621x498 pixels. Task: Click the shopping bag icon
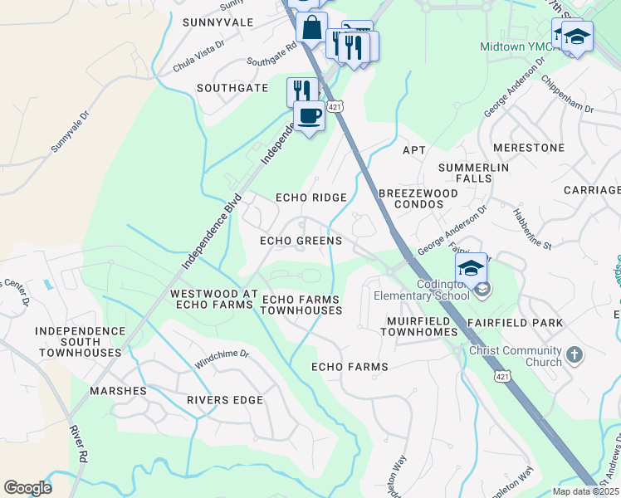coord(311,27)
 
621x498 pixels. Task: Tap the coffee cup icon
coord(309,116)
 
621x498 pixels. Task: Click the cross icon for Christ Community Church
coord(574,356)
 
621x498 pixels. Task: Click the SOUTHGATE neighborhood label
coord(232,88)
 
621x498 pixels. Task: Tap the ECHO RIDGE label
coord(311,198)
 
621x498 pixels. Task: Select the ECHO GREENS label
coord(301,241)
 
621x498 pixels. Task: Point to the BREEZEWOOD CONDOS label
coord(418,199)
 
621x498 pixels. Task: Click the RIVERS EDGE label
coord(224,400)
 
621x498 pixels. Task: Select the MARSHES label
coord(120,391)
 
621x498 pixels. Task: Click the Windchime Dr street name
coord(222,359)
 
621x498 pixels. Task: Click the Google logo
coord(27,488)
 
